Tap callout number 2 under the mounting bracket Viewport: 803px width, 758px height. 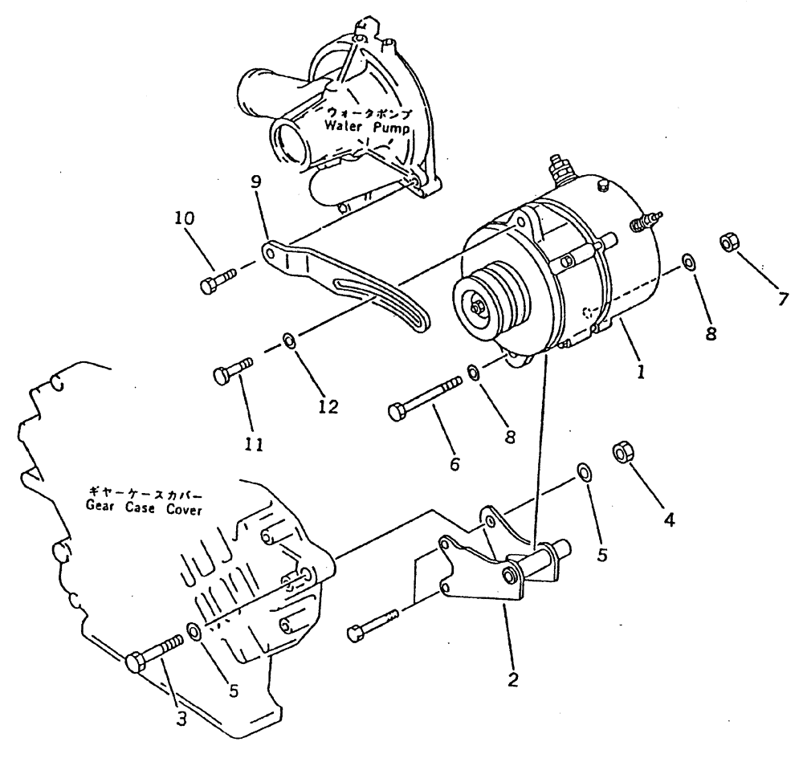coord(512,681)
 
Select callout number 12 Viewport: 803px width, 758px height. coord(328,407)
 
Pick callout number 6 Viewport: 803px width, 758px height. coord(454,463)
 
